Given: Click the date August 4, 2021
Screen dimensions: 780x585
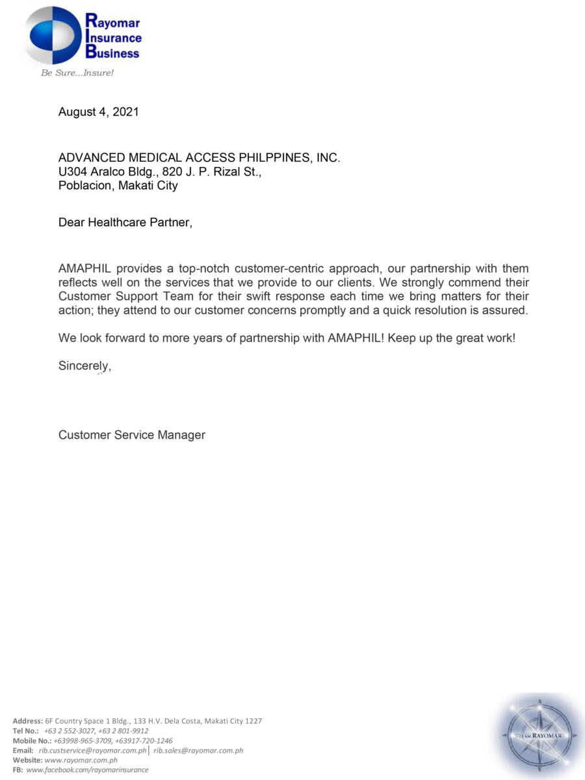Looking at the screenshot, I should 98,112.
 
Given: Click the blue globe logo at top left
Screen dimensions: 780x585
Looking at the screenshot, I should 53,35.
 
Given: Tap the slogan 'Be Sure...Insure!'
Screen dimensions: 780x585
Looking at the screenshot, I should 77,73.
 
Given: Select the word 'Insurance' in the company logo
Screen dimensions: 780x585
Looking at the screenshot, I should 113,38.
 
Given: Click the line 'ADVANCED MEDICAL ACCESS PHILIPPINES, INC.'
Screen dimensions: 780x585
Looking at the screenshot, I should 199,158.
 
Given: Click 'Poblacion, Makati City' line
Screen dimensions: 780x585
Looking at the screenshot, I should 118,185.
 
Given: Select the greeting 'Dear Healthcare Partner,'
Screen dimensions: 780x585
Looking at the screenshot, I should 125,222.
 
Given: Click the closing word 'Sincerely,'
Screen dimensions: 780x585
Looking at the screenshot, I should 84,366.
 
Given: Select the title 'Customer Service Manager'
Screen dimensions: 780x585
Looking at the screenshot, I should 132,435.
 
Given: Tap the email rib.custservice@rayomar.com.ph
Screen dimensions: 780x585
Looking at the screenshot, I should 92,750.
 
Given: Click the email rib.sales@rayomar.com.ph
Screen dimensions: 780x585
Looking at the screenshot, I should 198,750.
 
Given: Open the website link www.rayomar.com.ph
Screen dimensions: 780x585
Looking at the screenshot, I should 81,760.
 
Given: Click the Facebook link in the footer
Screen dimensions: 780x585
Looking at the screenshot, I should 87,770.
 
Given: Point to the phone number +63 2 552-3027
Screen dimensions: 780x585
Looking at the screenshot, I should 69,731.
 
